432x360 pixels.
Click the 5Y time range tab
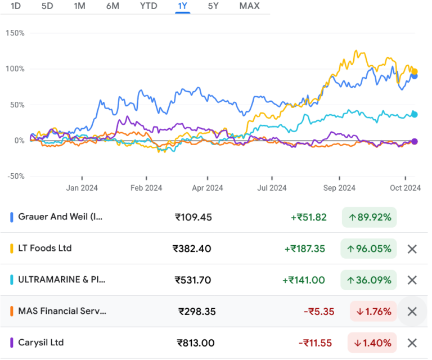[213, 6]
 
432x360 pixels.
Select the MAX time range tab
[249, 6]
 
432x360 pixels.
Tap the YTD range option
[149, 6]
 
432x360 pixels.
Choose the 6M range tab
[112, 6]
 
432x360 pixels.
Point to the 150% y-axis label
[15, 33]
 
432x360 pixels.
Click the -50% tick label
[15, 176]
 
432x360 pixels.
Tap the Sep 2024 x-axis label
[339, 188]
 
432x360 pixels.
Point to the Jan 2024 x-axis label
[82, 188]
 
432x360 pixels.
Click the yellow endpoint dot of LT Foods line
[415, 71]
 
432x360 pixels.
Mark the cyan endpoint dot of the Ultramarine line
[415, 114]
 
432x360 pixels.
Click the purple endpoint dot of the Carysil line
[415, 141]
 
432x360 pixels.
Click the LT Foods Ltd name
[45, 248]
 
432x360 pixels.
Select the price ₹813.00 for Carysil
[195, 343]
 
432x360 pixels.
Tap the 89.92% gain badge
[369, 217]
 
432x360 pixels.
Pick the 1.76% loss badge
[373, 311]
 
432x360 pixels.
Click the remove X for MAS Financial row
[412, 311]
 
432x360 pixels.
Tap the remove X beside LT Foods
[412, 249]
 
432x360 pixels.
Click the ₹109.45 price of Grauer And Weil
[193, 217]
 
